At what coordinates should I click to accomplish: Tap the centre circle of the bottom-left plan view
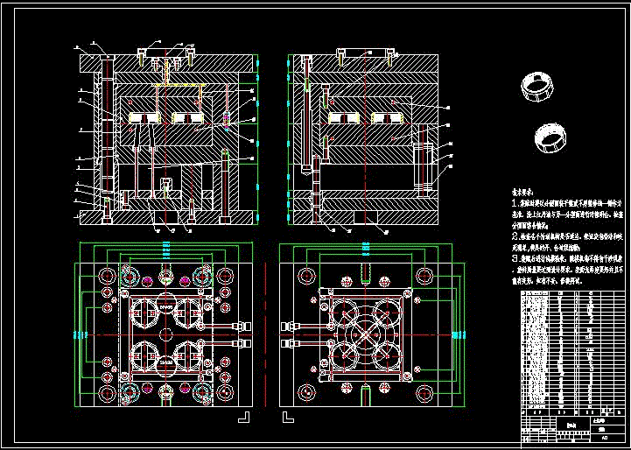coord(165,335)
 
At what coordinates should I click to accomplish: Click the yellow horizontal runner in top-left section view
coord(179,85)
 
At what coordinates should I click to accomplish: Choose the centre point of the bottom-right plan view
coord(366,335)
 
